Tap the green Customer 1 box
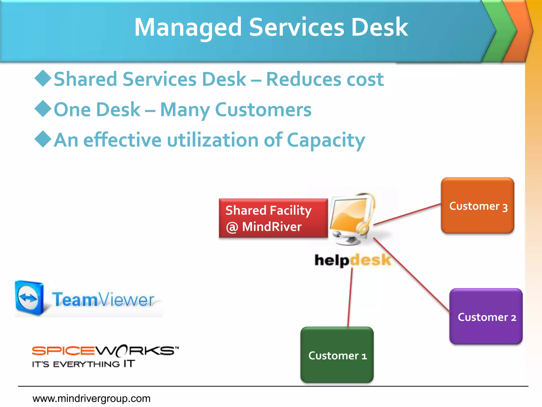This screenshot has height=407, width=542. [337, 355]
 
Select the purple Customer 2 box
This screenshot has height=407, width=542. [486, 317]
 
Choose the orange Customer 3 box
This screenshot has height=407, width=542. [477, 206]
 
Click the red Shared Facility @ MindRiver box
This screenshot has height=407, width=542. [273, 218]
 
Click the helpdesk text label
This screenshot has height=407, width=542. [353, 260]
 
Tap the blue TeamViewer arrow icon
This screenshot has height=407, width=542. [29, 298]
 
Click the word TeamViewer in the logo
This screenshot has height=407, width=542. [103, 300]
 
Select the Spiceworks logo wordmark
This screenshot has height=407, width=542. [105, 351]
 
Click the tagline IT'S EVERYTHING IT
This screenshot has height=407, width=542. [83, 364]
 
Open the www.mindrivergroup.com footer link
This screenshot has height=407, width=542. [91, 399]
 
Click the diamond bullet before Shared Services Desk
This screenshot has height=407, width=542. [43, 78]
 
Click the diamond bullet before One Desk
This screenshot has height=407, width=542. [43, 109]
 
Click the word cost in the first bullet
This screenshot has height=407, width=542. [365, 79]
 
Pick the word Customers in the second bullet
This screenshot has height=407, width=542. [263, 110]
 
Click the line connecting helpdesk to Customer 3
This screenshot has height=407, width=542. [408, 214]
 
